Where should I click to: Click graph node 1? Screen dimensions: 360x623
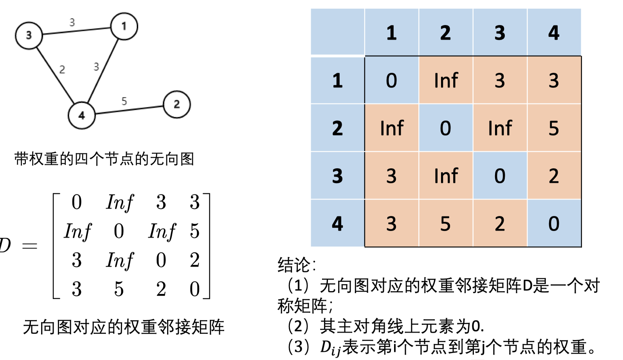coord(124,26)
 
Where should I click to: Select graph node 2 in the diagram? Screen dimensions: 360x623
coord(176,104)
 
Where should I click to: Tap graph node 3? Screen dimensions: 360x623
coord(29,35)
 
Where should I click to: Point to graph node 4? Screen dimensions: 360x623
coord(81,115)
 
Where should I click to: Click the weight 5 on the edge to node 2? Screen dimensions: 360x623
coord(124,101)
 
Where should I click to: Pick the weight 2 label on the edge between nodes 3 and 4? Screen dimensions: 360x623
coord(62,70)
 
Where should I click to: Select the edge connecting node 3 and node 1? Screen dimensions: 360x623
coord(76,31)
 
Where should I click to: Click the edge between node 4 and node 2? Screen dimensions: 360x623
coord(129,110)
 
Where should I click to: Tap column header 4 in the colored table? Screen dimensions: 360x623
coord(554,32)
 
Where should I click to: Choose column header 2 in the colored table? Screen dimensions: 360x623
coord(445,32)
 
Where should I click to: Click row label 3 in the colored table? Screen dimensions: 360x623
coord(337,176)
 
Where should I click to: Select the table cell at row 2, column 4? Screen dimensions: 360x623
coord(554,128)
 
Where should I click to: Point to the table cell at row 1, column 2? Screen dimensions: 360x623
coord(446,81)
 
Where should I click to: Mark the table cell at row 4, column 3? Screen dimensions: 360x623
coord(500,223)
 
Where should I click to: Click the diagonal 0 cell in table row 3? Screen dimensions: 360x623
coord(500,176)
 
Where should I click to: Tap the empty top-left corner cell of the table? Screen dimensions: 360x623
coord(337,32)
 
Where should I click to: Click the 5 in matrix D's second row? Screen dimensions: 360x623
coord(194,231)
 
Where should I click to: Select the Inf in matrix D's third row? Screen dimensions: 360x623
coord(119,260)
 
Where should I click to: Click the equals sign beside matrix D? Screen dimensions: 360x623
coord(30,246)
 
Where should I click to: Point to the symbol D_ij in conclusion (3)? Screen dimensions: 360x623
coord(330,348)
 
